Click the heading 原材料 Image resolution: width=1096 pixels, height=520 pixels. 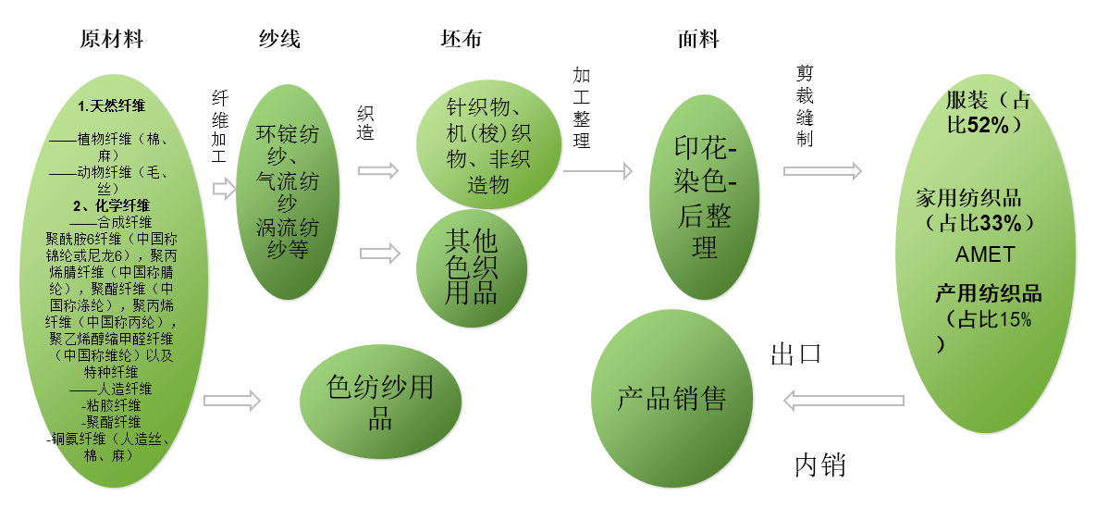coord(112,40)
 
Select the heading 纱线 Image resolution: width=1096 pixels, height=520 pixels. coord(279,40)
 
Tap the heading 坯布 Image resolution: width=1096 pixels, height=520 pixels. coord(461,40)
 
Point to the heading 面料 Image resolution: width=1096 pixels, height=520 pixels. coord(698,40)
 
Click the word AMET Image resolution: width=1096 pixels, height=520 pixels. coord(984,254)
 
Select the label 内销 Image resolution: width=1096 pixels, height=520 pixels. coord(820,464)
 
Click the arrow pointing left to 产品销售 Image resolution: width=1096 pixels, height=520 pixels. coord(843,401)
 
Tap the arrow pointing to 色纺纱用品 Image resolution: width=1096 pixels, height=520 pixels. coord(232,401)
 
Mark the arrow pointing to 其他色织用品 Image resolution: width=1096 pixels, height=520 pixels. coord(379,253)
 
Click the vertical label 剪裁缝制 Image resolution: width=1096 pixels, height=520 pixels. coord(804,107)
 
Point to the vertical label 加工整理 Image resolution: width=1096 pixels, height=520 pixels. coord(582,107)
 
